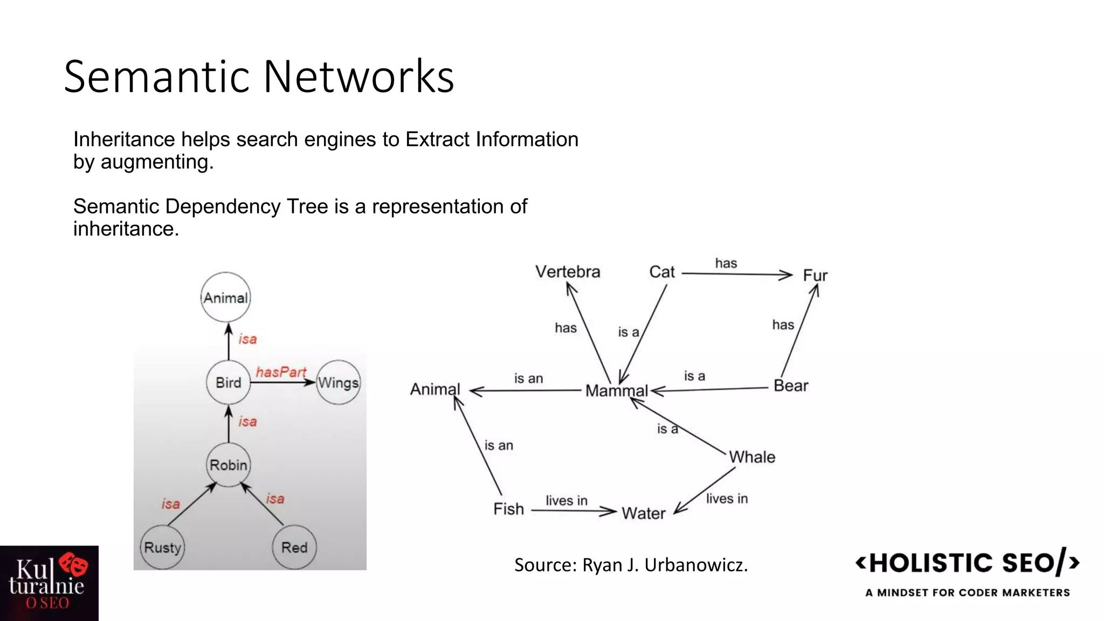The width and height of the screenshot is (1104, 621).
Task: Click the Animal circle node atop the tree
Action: tap(226, 298)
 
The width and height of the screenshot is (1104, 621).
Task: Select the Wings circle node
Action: tap(338, 383)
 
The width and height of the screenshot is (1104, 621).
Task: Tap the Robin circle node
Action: tap(229, 465)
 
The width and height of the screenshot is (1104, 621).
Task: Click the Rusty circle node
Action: tap(162, 548)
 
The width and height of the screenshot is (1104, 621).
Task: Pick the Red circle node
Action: tap(294, 548)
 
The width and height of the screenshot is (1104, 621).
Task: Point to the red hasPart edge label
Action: tap(281, 372)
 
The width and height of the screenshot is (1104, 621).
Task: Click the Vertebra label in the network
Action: tap(568, 272)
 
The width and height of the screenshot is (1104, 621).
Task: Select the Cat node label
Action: tap(662, 272)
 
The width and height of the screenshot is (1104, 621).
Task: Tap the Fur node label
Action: tap(815, 275)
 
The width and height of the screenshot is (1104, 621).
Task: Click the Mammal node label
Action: tap(617, 391)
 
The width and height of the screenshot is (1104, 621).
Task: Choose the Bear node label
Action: tap(791, 386)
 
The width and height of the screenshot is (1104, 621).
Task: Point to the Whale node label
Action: tap(752, 457)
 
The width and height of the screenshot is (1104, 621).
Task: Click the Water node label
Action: tap(644, 513)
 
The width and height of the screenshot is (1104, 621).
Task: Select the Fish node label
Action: tap(508, 509)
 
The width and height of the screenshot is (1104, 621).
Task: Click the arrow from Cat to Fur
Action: tap(736, 274)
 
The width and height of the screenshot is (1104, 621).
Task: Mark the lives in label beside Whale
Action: tap(727, 499)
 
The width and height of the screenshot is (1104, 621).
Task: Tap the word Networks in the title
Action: tap(358, 77)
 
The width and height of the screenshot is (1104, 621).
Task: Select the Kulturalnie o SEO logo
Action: tap(49, 583)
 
